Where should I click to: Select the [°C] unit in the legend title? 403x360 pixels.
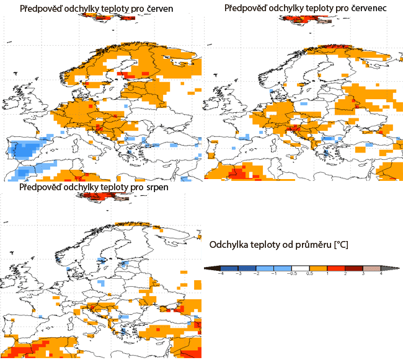coord(342,245)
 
